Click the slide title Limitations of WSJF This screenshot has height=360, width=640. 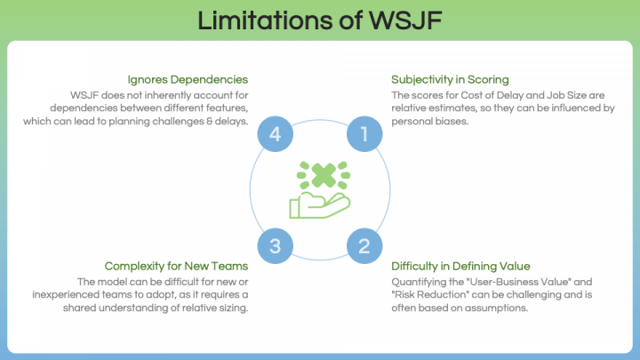[320, 20]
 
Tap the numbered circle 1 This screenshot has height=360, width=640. [363, 134]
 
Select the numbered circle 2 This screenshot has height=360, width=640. [363, 245]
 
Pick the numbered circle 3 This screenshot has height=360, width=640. [276, 245]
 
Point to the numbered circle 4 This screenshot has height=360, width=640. [276, 134]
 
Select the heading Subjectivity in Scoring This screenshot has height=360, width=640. [450, 79]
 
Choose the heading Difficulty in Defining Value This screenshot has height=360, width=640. [460, 266]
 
